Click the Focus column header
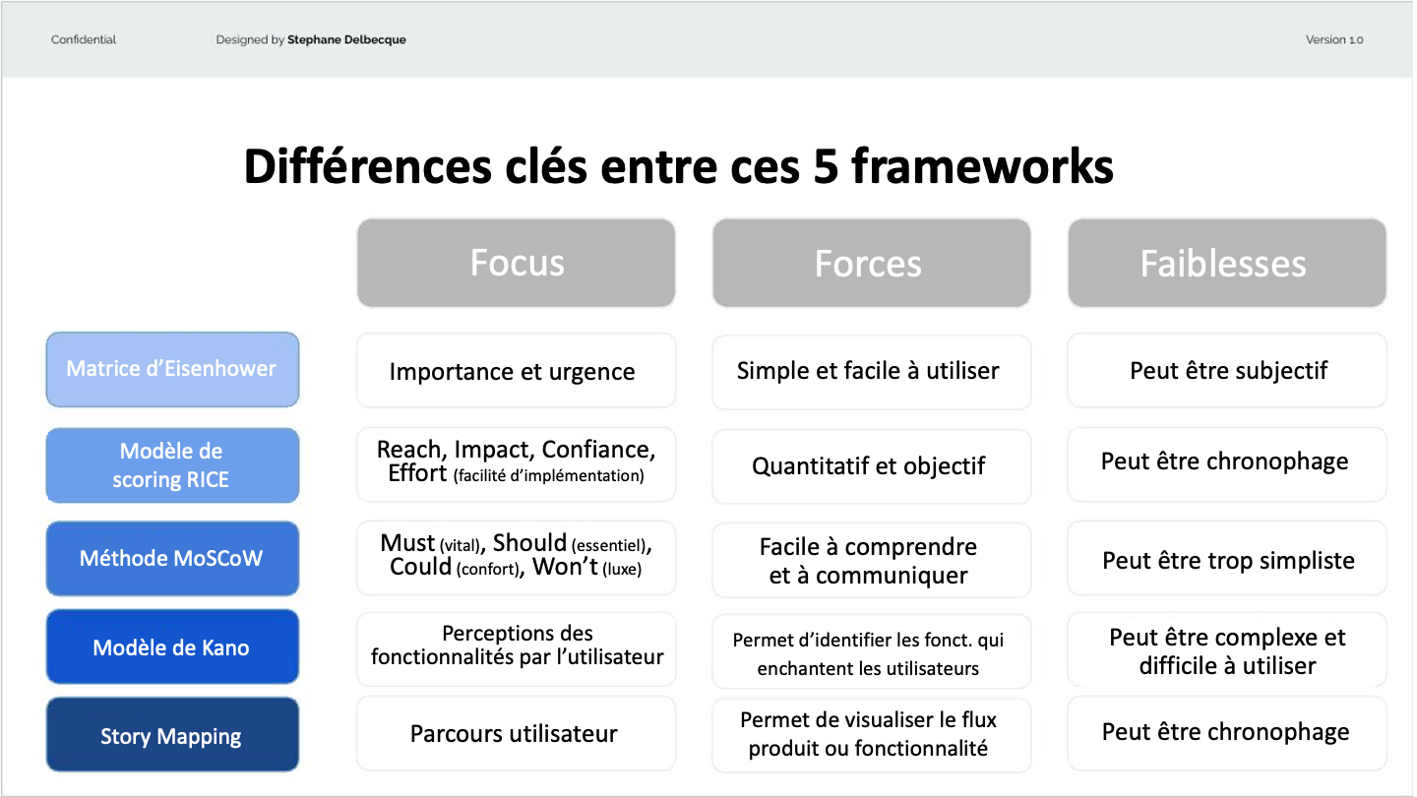[x=517, y=263]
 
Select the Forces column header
[x=872, y=263]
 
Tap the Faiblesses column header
[x=1227, y=263]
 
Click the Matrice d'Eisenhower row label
[x=173, y=369]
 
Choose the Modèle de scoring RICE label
[x=173, y=465]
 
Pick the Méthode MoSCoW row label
[x=173, y=559]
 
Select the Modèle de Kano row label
[x=173, y=646]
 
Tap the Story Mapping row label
[x=173, y=734]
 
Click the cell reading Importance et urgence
[x=517, y=371]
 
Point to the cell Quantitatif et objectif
[x=872, y=466]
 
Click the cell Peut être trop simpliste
[x=1227, y=559]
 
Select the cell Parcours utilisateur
[x=517, y=734]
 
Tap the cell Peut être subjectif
[x=1227, y=371]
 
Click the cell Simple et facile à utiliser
[x=872, y=372]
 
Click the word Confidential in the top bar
[x=84, y=39]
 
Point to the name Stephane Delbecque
[x=346, y=39]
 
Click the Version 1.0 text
[x=1334, y=39]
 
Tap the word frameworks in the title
[x=982, y=166]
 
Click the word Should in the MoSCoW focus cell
[x=529, y=543]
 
